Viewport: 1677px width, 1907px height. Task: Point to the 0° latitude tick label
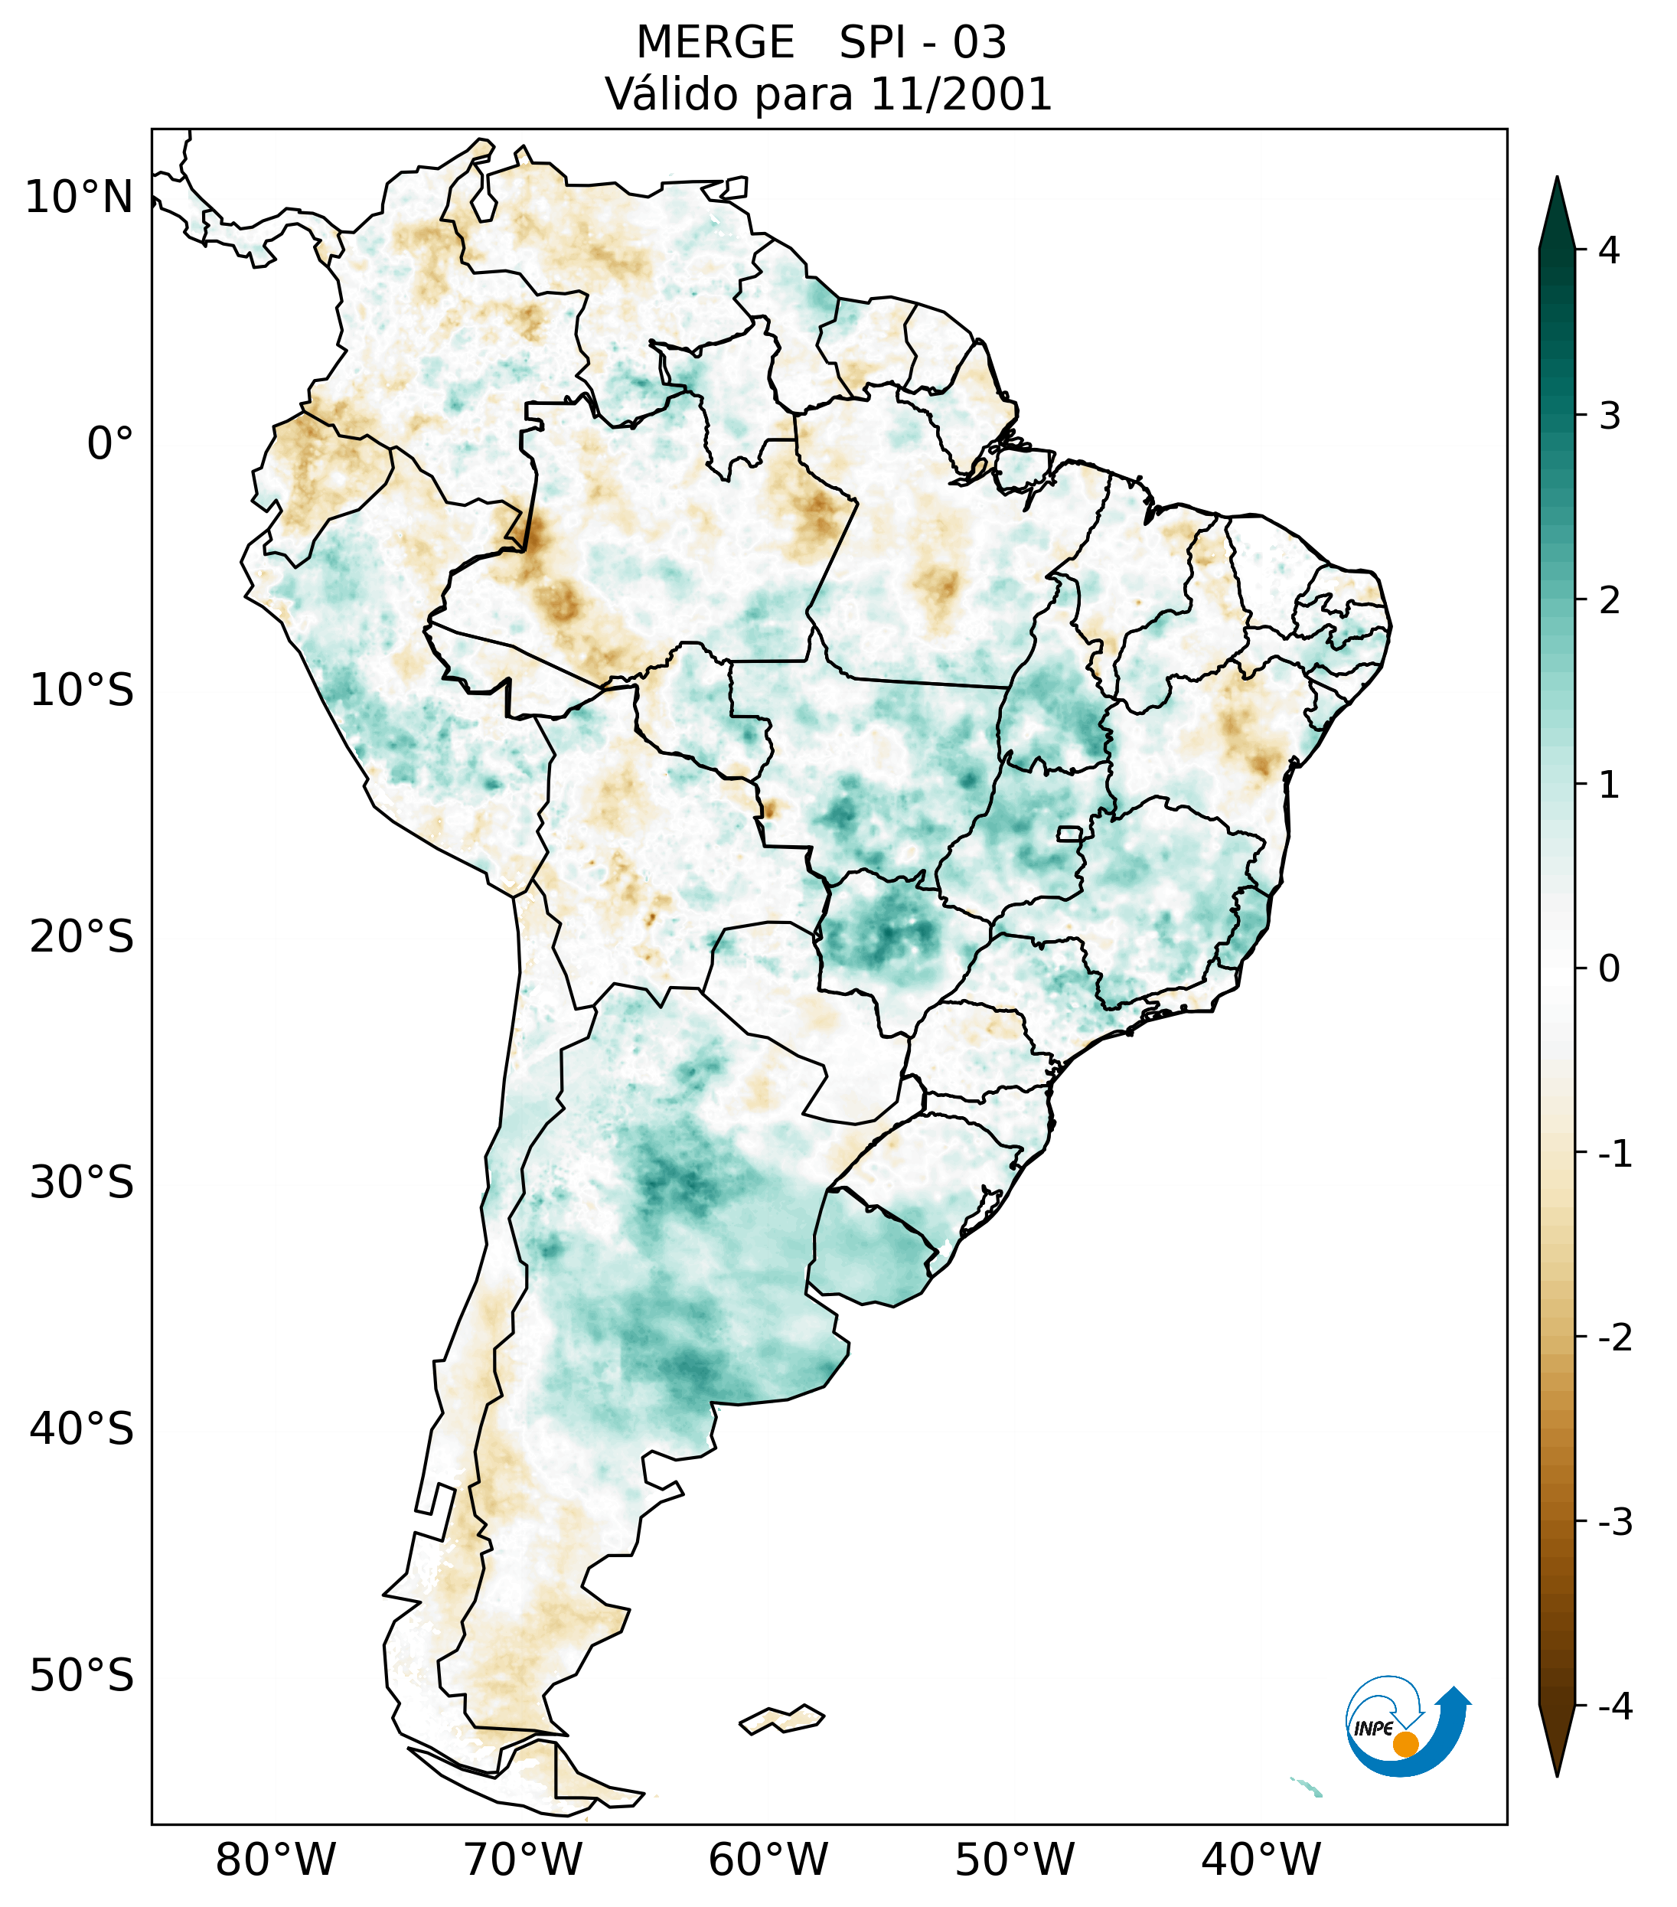click(x=110, y=444)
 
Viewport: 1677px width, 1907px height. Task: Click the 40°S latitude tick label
click(x=82, y=1429)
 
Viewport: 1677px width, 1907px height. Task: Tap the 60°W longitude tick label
click(x=768, y=1860)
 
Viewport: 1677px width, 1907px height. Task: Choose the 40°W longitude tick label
click(x=1260, y=1860)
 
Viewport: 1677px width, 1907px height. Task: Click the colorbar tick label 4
click(x=1609, y=250)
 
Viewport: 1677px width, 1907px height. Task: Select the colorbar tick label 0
click(x=1609, y=969)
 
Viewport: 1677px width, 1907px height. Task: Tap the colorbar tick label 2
click(x=1609, y=601)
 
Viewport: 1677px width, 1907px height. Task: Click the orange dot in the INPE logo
click(x=1405, y=1743)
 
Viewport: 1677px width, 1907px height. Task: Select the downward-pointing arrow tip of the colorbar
click(x=1557, y=1769)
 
